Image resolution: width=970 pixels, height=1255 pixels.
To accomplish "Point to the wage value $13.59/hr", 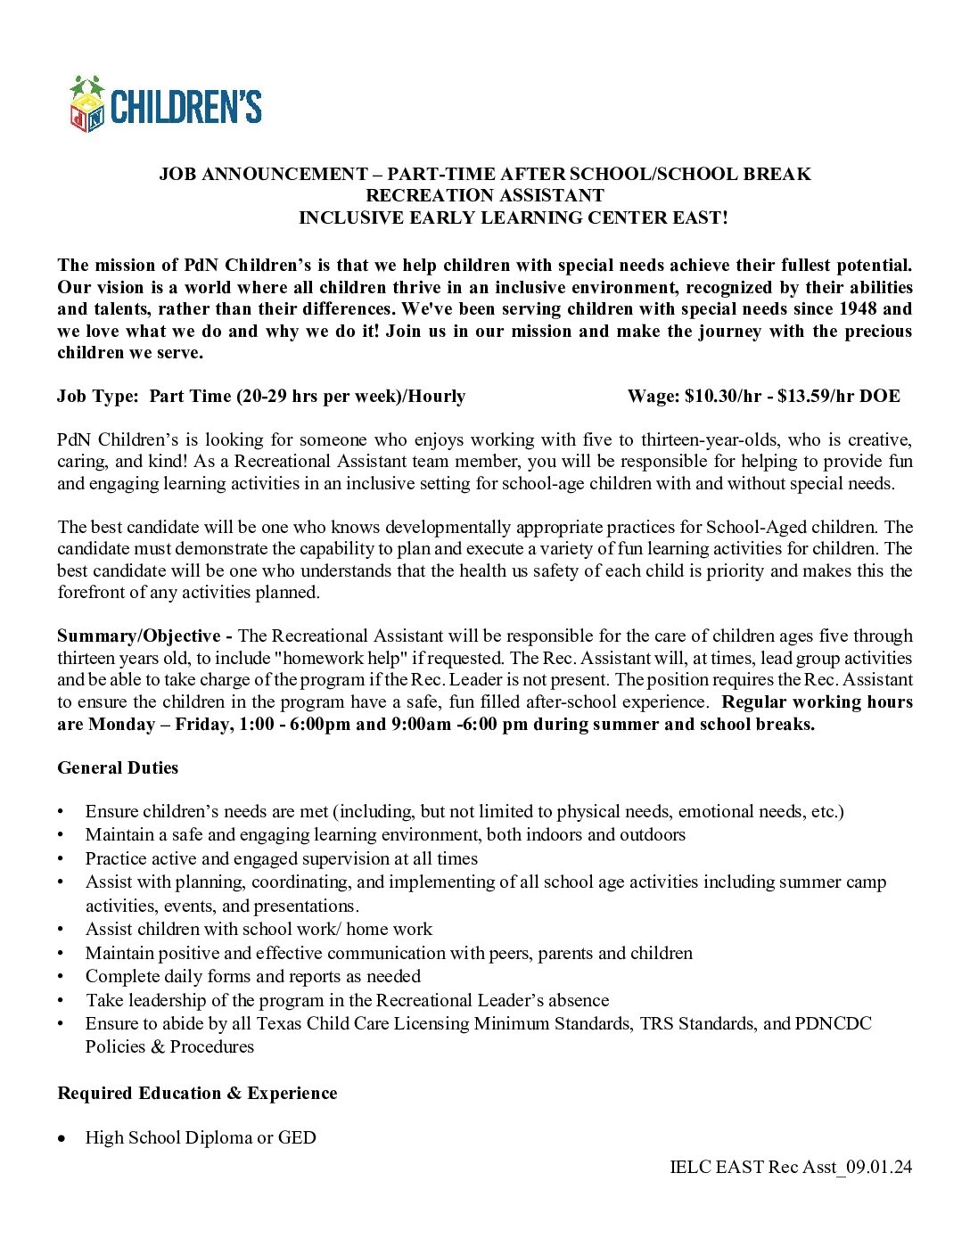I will click(x=816, y=397).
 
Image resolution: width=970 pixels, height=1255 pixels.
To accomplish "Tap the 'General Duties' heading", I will click(x=118, y=768).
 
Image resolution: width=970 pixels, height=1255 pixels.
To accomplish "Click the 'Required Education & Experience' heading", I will click(x=197, y=1094).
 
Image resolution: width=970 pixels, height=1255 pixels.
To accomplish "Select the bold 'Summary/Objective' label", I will click(x=139, y=636).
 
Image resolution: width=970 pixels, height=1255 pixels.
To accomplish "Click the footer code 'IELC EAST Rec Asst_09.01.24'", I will click(x=791, y=1167).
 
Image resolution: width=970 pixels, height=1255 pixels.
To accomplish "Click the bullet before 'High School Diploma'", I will click(x=61, y=1139).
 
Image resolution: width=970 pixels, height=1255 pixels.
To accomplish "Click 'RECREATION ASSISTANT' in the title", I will click(x=485, y=196).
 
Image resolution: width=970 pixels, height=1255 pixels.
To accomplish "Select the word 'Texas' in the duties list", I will click(x=279, y=1024).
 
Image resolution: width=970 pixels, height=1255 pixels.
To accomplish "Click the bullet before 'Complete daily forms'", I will click(x=61, y=977).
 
